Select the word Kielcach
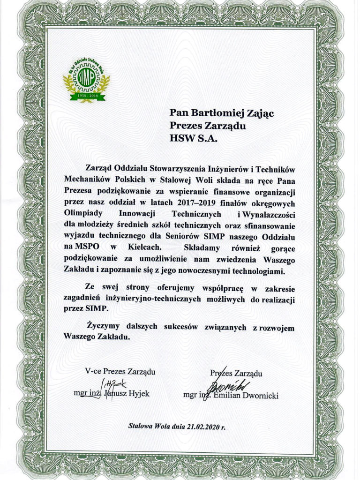tap(142, 246)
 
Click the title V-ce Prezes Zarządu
tap(120, 372)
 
